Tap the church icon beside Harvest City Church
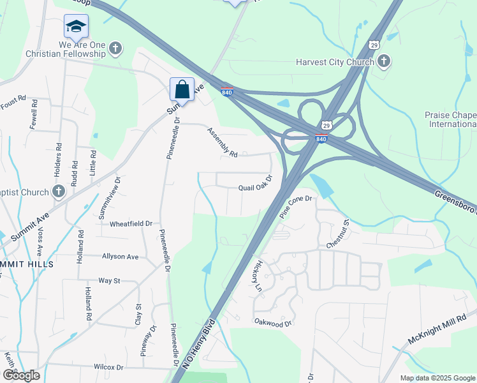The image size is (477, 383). [383, 61]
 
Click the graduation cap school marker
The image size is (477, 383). [76, 26]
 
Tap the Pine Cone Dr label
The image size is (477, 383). [297, 207]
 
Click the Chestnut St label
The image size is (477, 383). [338, 234]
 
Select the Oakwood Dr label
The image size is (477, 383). [272, 323]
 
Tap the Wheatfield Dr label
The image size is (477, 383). [131, 224]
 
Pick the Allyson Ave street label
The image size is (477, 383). [120, 257]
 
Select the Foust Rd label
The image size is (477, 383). [12, 100]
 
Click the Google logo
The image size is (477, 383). [20, 375]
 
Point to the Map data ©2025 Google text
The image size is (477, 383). [437, 378]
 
